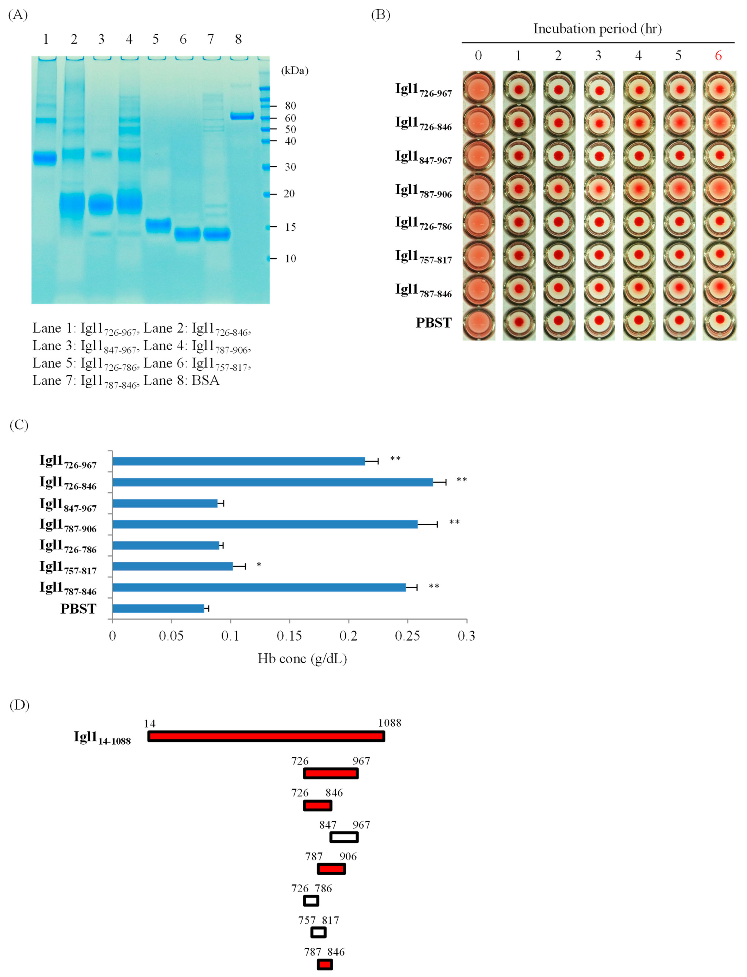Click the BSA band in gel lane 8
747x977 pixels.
pos(242,116)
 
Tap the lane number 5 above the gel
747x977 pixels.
pos(156,40)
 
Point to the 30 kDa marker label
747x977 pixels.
pos(290,167)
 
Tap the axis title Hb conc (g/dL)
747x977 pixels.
pos(302,659)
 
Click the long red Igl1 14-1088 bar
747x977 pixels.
pos(266,737)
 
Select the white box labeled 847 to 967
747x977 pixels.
pos(344,837)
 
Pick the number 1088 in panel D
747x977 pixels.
pos(389,723)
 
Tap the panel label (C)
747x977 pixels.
pos(19,425)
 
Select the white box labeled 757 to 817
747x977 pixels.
pos(318,932)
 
